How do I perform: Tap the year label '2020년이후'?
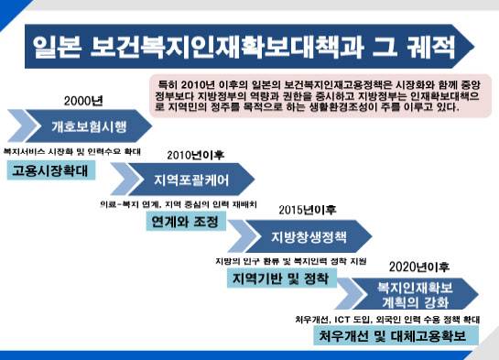[418, 267]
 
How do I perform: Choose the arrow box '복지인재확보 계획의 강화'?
[415, 294]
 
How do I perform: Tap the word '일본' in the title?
[57, 46]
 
